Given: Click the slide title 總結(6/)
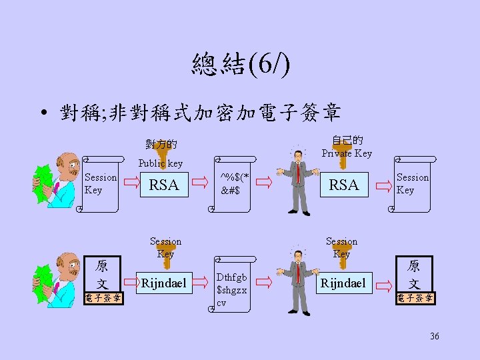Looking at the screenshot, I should pos(240,65).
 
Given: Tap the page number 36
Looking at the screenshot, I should pos(435,336).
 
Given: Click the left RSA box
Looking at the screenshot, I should pos(164,185).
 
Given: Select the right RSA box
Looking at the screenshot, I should pos(344,185).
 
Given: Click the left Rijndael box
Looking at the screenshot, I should pos(164,283).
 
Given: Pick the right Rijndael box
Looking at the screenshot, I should pos(343,283).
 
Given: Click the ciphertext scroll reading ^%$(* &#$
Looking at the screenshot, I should pos(235,184).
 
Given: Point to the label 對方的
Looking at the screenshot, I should pos(161,143).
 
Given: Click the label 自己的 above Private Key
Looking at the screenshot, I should pos(347,141).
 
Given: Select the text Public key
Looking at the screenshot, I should pos(160,163).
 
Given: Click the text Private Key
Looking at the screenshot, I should pos(347,153).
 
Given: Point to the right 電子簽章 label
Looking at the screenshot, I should pos(414,298).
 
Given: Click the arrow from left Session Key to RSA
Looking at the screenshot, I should pos(131,181).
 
